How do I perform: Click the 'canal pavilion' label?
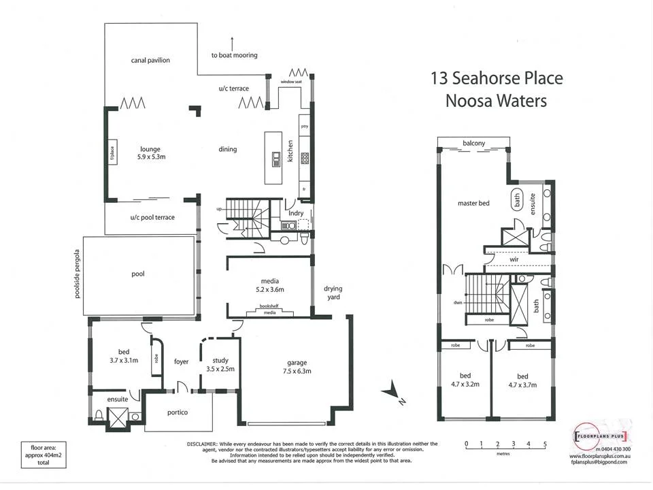coord(150,61)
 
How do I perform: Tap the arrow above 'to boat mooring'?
coord(233,43)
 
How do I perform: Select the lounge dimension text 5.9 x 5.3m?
coord(150,157)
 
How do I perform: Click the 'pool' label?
coord(138,274)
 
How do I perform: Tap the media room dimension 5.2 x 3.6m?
coord(269,289)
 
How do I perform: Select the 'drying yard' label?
coord(333,293)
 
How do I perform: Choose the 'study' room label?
coord(220,361)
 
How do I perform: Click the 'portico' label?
coord(178,413)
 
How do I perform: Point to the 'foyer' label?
coord(181,361)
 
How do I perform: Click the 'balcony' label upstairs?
coord(474,143)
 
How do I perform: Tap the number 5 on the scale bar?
coord(545,444)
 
